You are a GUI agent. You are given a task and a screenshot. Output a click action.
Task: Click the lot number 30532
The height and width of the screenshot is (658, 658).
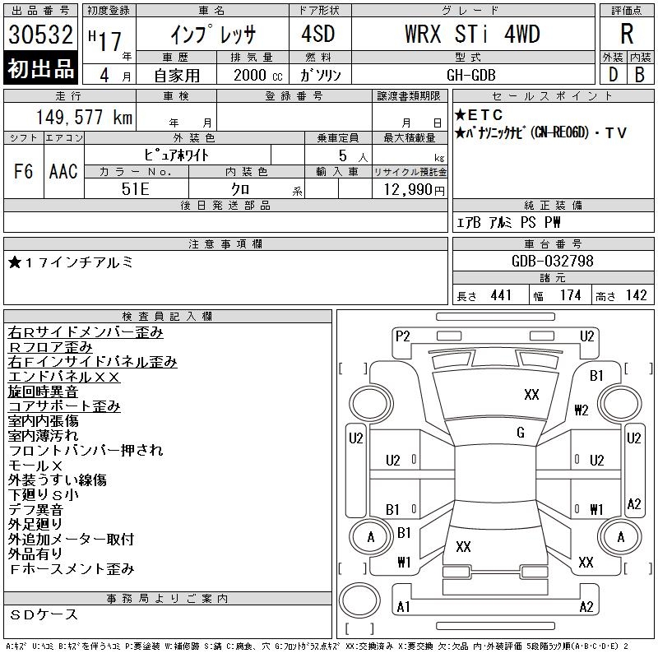click(x=40, y=35)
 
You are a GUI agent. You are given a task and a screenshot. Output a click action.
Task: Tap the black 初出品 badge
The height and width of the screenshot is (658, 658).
click(x=40, y=68)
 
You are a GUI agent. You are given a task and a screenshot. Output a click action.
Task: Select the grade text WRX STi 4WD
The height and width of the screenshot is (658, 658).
click(x=472, y=34)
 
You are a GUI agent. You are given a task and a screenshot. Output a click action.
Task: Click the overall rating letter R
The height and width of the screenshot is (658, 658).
click(x=627, y=34)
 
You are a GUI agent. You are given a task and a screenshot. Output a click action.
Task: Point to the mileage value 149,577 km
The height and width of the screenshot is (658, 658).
click(x=85, y=117)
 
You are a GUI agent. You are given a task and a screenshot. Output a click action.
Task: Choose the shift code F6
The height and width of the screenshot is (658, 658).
click(x=23, y=171)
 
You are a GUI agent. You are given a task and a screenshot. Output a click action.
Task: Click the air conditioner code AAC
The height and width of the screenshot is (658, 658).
click(x=63, y=171)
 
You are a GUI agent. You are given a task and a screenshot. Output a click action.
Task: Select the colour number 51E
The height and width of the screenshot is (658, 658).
click(x=136, y=189)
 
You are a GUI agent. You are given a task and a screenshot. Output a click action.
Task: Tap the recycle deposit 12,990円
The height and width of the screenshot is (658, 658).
click(x=414, y=190)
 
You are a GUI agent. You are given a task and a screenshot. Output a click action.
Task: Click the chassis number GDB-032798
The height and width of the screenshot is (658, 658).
click(x=552, y=261)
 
